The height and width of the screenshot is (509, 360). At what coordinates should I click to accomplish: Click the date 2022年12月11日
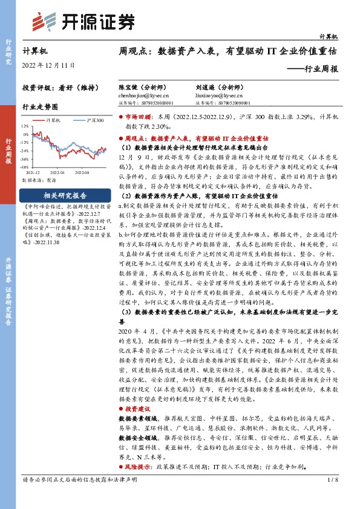[x=48, y=64]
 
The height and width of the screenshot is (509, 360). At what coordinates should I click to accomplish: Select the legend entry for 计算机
[x=53, y=121]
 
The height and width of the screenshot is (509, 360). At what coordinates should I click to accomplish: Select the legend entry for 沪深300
[x=93, y=121]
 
